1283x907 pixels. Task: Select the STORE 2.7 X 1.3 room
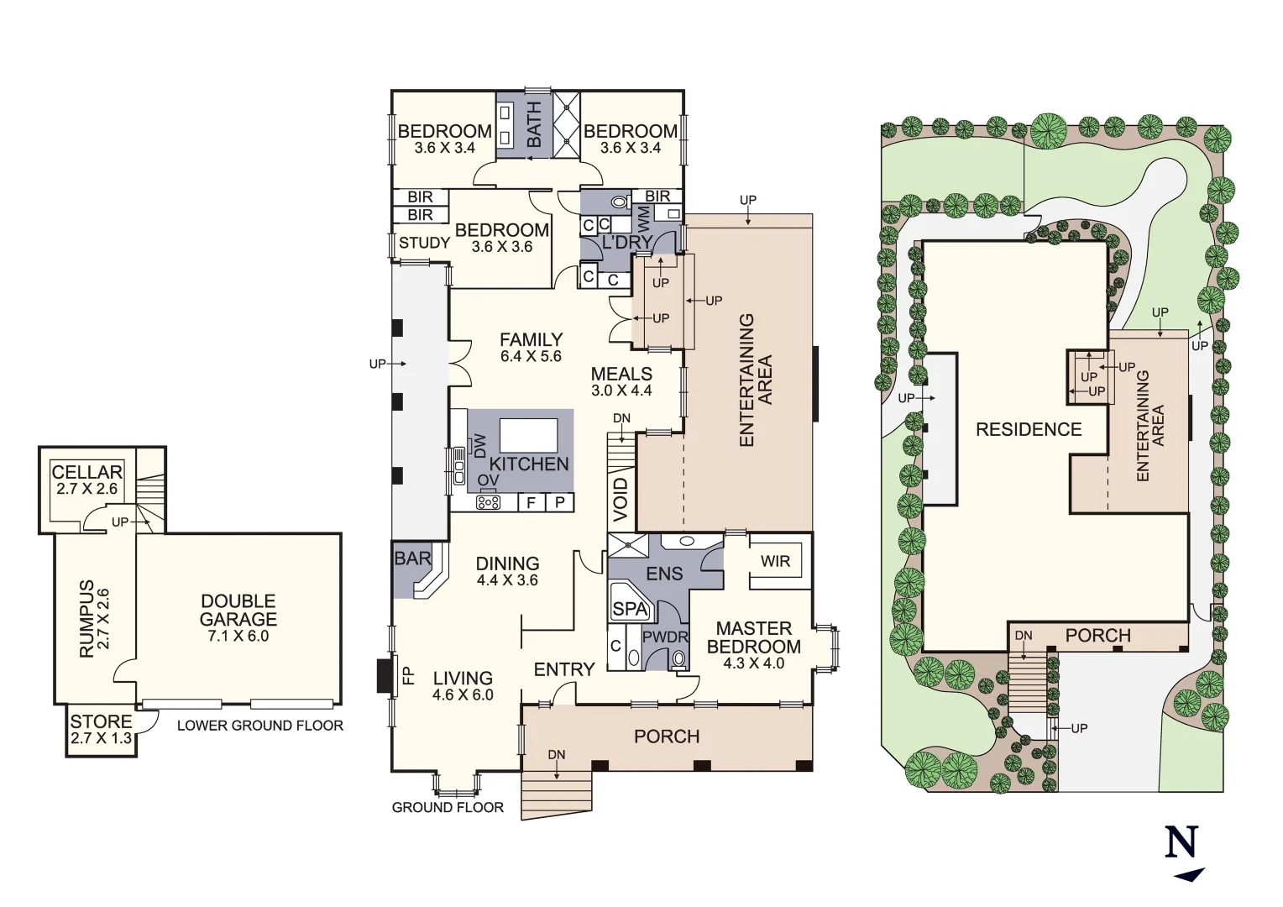(x=101, y=729)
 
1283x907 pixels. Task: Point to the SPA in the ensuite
(x=630, y=609)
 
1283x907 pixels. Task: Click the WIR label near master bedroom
(x=775, y=561)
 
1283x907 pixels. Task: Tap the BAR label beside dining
(x=412, y=558)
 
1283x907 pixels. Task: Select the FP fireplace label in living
(x=409, y=675)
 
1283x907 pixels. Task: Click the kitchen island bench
(x=528, y=436)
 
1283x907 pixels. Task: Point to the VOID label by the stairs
(x=621, y=499)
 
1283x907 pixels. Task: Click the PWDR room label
(x=665, y=637)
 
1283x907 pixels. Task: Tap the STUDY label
(x=424, y=243)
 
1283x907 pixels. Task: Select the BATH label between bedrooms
(x=534, y=124)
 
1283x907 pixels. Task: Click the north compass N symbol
(x=1182, y=842)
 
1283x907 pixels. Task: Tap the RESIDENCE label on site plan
(x=1029, y=429)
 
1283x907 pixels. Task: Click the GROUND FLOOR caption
(x=448, y=807)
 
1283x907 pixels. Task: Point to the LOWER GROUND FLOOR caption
(x=260, y=726)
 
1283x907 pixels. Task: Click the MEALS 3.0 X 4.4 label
(x=621, y=381)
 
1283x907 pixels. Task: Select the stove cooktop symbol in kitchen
(x=488, y=502)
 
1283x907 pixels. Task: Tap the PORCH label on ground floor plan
(x=667, y=737)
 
